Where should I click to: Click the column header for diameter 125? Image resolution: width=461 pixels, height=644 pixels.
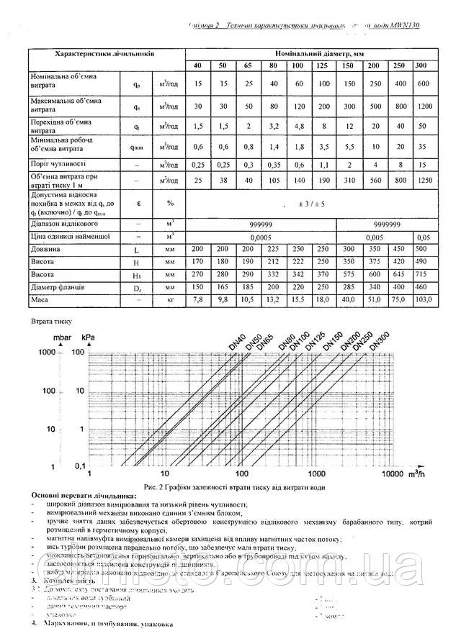pyautogui.click(x=323, y=66)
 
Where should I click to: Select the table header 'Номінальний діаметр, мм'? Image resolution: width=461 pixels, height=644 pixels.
pyautogui.click(x=310, y=54)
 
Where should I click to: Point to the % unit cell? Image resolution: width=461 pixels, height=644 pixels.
pyautogui.click(x=170, y=204)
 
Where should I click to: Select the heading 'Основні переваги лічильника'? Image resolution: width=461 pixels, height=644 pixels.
pyautogui.click(x=83, y=496)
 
